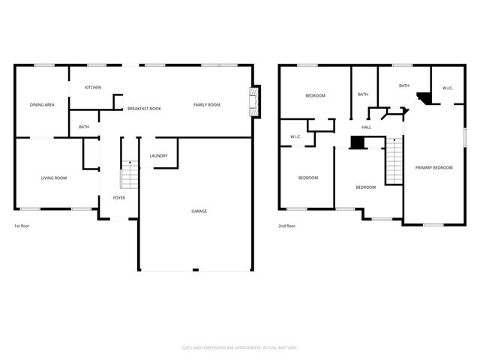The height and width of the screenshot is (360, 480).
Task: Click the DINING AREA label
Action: pyautogui.click(x=42, y=105)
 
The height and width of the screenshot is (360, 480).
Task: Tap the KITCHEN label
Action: pyautogui.click(x=93, y=88)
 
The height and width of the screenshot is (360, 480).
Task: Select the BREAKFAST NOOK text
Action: pyautogui.click(x=144, y=109)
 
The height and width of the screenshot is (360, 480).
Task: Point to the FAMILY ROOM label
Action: pyautogui.click(x=206, y=105)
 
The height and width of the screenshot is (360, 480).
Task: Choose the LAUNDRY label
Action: pyautogui.click(x=158, y=156)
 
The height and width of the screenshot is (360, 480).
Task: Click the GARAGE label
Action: pyautogui.click(x=199, y=211)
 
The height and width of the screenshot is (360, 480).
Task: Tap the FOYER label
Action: pyautogui.click(x=119, y=198)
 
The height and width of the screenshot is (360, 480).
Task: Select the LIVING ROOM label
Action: pyautogui.click(x=54, y=178)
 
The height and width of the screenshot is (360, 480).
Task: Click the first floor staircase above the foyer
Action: pyautogui.click(x=130, y=175)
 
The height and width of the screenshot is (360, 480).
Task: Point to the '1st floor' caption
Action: pyautogui.click(x=22, y=226)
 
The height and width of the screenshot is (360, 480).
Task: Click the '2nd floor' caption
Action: pyautogui.click(x=286, y=226)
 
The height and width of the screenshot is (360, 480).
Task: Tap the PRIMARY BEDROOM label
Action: pyautogui.click(x=434, y=168)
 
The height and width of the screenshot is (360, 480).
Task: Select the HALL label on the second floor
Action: pyautogui.click(x=366, y=127)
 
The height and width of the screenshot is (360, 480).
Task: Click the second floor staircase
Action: pyautogui.click(x=394, y=160)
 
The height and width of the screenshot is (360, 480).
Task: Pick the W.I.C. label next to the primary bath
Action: pyautogui.click(x=448, y=88)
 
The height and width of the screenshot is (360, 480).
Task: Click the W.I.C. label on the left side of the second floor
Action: pyautogui.click(x=295, y=136)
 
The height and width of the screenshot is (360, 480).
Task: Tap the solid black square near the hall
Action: pyautogui.click(x=357, y=142)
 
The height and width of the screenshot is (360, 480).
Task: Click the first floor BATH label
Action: pyautogui.click(x=84, y=127)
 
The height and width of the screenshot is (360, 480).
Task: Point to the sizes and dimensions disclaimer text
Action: pyautogui.click(x=240, y=347)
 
